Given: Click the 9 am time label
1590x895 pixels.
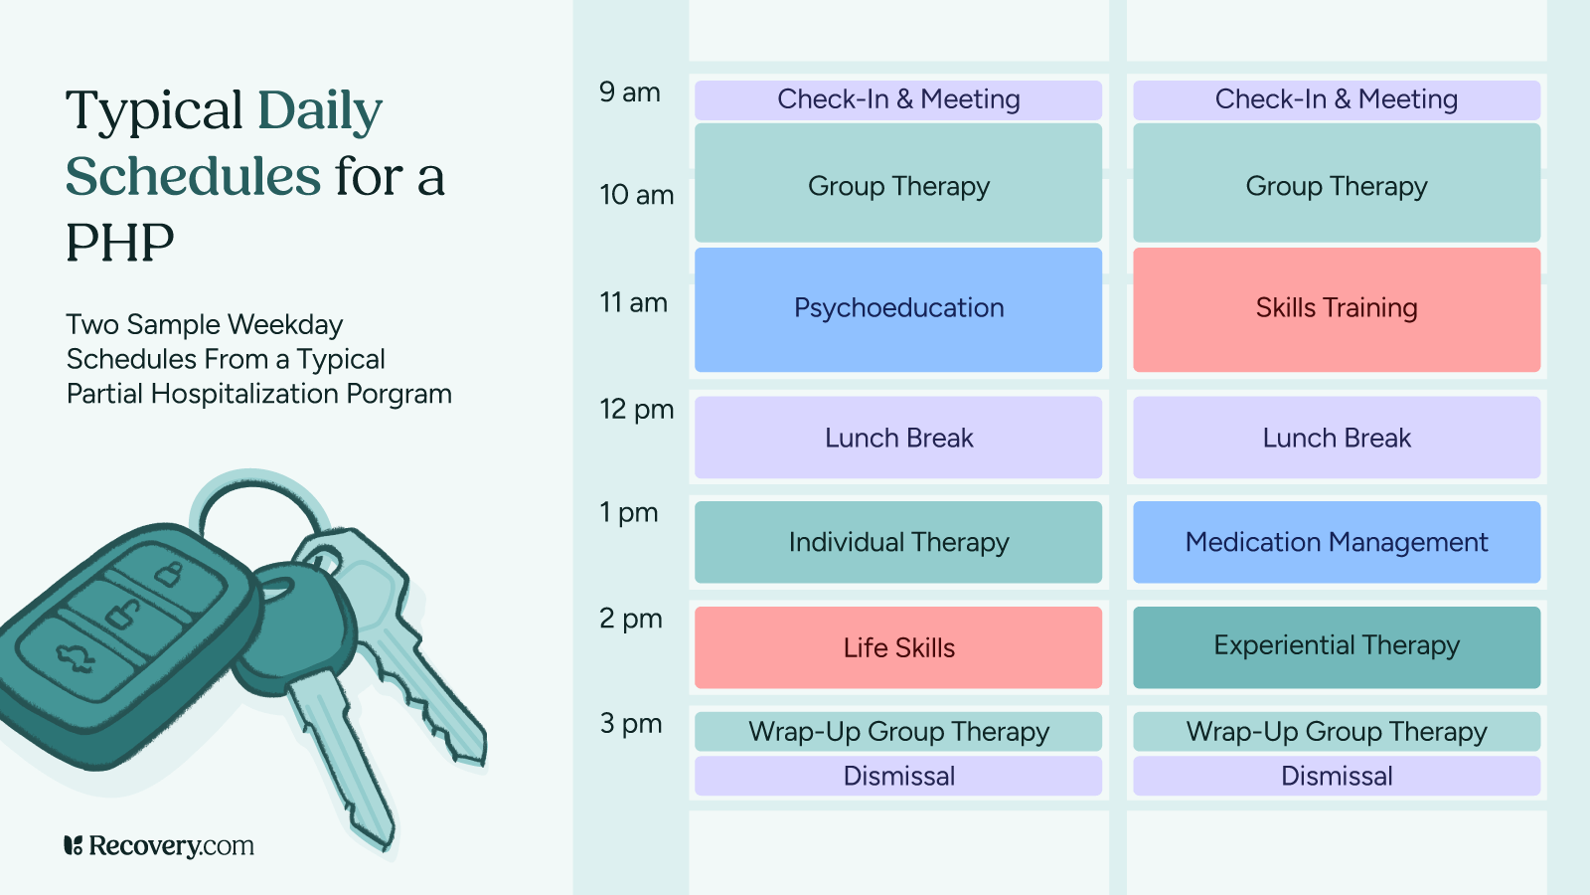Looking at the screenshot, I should tap(629, 92).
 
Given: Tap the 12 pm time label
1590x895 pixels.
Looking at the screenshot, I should tap(636, 410).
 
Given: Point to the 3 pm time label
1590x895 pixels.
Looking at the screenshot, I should tap(630, 724).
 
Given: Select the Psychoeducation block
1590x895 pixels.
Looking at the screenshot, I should tap(898, 309).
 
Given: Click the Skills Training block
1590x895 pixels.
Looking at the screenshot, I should tap(1336, 309).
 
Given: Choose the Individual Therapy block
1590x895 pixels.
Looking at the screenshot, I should tap(898, 542).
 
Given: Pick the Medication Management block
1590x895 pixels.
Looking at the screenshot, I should tap(1336, 542).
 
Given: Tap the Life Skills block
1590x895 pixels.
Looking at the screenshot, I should tap(898, 647).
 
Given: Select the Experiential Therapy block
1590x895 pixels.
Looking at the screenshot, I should tap(1336, 646).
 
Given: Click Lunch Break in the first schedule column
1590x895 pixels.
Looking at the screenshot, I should tap(898, 438).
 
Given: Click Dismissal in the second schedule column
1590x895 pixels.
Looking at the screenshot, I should tap(1336, 776).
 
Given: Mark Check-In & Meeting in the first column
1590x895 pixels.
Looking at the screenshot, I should tap(898, 99).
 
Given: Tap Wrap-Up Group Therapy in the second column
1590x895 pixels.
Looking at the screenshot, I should tap(1336, 732).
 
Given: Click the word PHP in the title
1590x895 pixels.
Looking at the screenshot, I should tap(119, 243).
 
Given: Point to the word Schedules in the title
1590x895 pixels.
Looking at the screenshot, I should tap(193, 177).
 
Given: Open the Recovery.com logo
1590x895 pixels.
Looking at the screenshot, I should tap(159, 846).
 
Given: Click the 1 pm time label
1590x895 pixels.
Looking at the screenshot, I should tap(628, 513).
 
